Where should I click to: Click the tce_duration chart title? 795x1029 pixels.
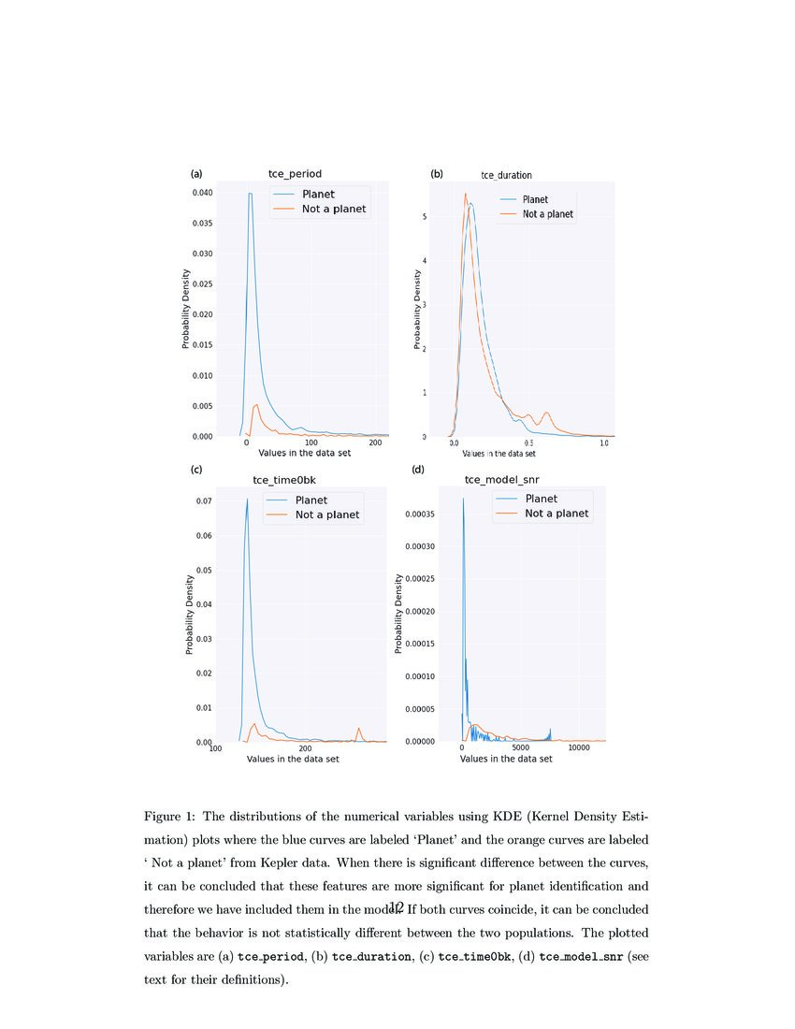[x=506, y=175]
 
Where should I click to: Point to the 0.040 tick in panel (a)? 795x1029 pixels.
[x=201, y=193]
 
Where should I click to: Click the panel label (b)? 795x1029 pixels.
[x=437, y=174]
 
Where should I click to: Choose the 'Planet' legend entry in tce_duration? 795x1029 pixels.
[x=535, y=199]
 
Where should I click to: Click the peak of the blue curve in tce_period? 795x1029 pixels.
[x=250, y=194]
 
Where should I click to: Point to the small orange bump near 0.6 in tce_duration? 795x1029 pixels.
[x=546, y=413]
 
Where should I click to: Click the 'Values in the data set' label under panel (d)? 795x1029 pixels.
[x=506, y=759]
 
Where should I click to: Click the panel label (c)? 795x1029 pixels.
[x=196, y=469]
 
